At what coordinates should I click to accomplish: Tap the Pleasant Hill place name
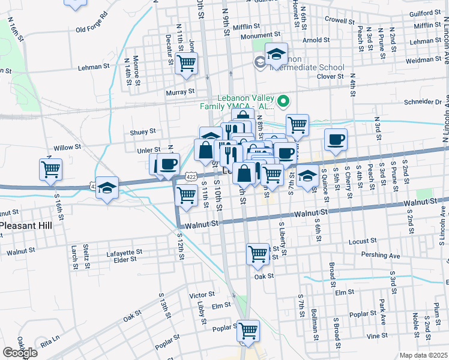[x=26, y=226]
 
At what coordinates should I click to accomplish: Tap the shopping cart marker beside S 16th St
[x=51, y=169]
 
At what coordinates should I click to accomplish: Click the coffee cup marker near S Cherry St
[x=336, y=139]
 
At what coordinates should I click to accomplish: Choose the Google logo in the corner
[x=20, y=353]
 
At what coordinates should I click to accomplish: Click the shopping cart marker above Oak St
[x=258, y=253]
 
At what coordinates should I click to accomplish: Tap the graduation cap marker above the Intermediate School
[x=276, y=55]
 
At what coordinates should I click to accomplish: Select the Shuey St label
[x=143, y=131]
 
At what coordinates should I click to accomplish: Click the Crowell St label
[x=340, y=19]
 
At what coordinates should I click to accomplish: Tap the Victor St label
[x=202, y=295]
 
